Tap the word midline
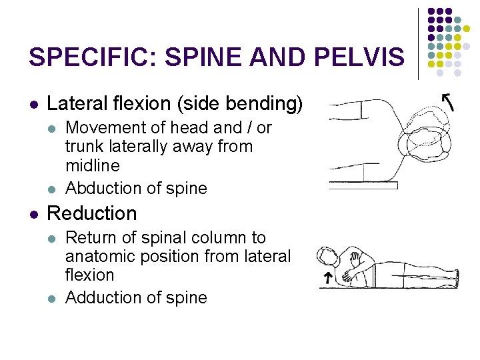(93, 165)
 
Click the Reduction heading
(92, 214)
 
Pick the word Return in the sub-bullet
(89, 238)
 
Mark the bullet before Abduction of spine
(54, 189)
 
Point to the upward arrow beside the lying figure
(327, 278)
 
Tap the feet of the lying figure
(456, 273)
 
